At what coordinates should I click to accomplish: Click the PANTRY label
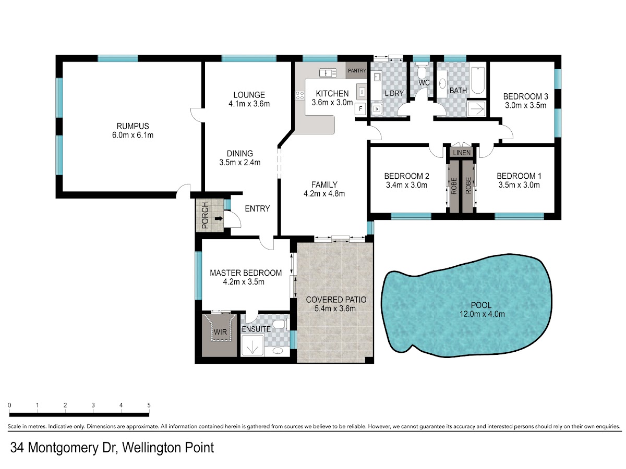[356, 70]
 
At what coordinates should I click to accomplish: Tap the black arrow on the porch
[219, 219]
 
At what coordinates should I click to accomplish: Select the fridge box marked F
[360, 109]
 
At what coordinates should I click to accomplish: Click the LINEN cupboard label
[462, 153]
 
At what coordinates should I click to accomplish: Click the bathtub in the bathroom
[478, 81]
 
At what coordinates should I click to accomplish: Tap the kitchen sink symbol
[328, 73]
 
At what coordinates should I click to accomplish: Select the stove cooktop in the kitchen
[300, 95]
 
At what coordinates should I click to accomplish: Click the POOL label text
[481, 305]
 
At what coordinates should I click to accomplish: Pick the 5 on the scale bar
[149, 405]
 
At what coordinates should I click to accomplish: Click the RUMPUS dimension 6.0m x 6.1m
[133, 135]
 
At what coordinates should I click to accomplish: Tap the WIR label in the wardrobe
[220, 332]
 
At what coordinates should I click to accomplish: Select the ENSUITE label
[256, 329]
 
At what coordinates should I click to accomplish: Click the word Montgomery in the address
[63, 448]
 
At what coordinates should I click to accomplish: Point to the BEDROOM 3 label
[525, 96]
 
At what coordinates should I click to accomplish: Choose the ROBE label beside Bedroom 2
[454, 186]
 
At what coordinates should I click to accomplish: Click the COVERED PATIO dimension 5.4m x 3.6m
[335, 308]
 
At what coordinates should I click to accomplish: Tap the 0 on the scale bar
[10, 405]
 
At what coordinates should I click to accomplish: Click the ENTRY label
[257, 209]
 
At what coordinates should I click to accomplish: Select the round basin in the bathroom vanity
[442, 84]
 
